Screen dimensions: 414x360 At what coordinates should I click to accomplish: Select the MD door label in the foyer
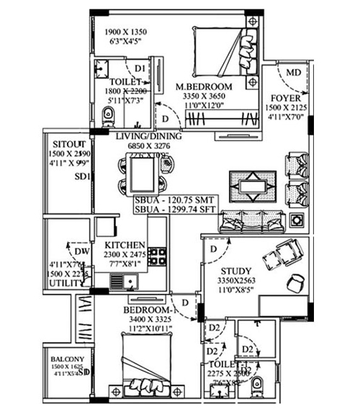294,73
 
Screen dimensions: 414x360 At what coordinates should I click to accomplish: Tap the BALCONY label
67,359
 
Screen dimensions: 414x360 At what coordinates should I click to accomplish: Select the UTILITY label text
61,284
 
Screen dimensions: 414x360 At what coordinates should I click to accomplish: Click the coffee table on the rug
251,184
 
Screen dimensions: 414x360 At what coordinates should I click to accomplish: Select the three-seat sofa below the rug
251,219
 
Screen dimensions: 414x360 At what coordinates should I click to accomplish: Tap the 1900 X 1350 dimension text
130,32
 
